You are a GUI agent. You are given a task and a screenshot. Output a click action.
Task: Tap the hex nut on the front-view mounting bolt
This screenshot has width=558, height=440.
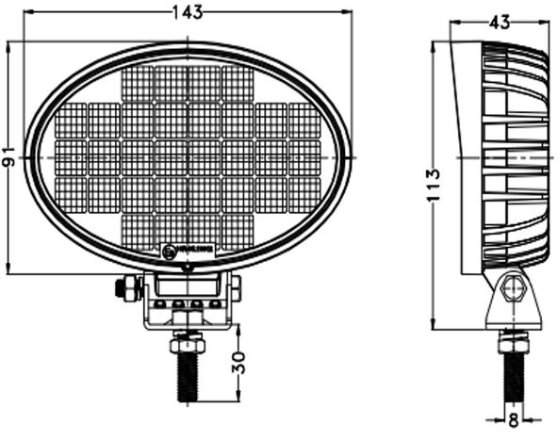coord(188,345)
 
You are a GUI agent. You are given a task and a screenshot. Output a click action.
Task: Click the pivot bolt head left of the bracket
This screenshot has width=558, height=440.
coord(123,288)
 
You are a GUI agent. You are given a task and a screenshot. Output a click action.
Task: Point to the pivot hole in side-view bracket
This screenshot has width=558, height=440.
coord(513,286)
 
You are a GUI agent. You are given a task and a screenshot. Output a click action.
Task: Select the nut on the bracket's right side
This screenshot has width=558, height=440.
coord(236,287)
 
